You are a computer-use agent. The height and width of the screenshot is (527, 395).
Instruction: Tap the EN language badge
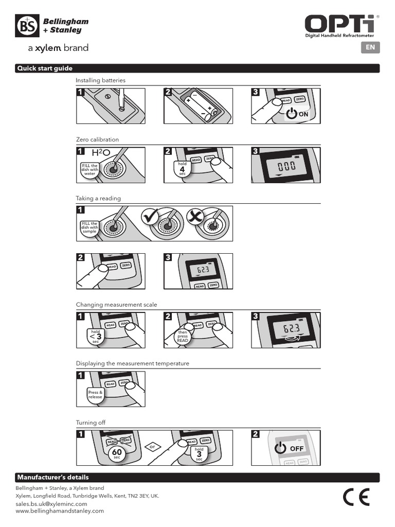point(370,47)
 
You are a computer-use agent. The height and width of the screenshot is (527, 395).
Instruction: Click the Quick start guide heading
point(45,68)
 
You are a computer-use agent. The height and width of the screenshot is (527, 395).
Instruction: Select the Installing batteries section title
point(100,80)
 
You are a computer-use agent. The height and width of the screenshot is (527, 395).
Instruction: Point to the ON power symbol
point(292,114)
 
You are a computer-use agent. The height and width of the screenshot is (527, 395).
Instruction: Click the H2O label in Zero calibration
point(101,153)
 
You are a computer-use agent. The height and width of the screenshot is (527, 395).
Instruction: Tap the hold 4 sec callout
point(182,168)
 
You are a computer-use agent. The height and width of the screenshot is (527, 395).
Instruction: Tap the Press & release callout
point(96,394)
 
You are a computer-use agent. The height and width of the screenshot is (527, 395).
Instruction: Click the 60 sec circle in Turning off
point(117,453)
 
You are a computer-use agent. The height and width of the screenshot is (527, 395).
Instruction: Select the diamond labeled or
point(152,446)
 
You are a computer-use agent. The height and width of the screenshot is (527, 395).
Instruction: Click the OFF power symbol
point(280,448)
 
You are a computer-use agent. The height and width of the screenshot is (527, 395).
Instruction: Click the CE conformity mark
point(356,497)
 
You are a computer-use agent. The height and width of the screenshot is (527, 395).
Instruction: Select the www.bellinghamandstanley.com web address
point(60,511)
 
